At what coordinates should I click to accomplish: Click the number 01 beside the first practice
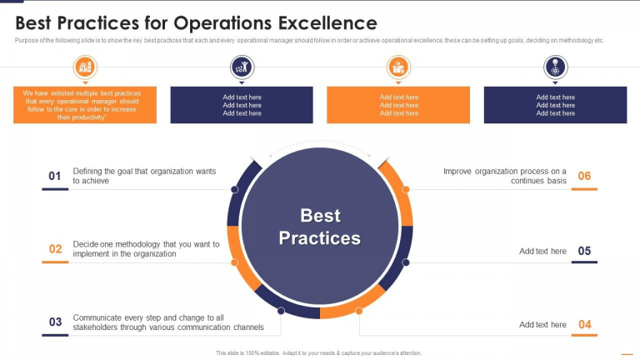(55, 176)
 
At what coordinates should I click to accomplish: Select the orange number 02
(55, 249)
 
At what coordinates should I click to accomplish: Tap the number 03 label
(55, 322)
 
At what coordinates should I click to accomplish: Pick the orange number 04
(584, 324)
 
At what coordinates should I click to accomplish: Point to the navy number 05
(584, 251)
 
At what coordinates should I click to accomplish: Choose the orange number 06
(584, 176)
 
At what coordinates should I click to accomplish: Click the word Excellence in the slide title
(327, 22)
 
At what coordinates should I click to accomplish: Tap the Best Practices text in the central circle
(320, 227)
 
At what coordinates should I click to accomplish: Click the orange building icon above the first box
(85, 67)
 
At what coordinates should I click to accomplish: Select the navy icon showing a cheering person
(242, 67)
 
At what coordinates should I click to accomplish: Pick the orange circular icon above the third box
(398, 67)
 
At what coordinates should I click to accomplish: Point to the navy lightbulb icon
(555, 67)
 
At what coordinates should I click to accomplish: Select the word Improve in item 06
(457, 172)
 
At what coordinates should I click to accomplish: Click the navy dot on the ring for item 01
(234, 189)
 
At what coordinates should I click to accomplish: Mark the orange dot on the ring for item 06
(406, 189)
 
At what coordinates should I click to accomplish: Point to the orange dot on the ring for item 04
(359, 311)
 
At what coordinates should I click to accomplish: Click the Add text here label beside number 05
(542, 252)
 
